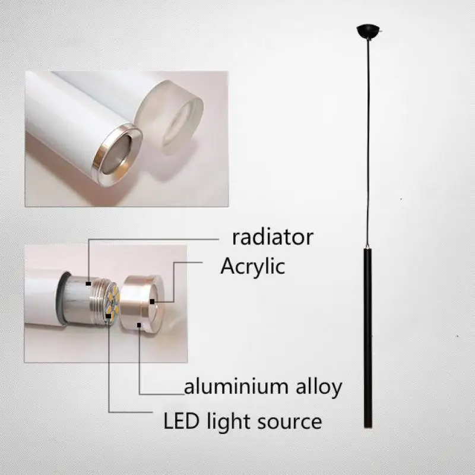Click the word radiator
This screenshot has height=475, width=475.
tap(273, 237)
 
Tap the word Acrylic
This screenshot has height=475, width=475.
tap(252, 266)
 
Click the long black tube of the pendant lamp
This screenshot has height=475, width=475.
tap(368, 338)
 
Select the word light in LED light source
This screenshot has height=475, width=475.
tap(227, 422)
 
